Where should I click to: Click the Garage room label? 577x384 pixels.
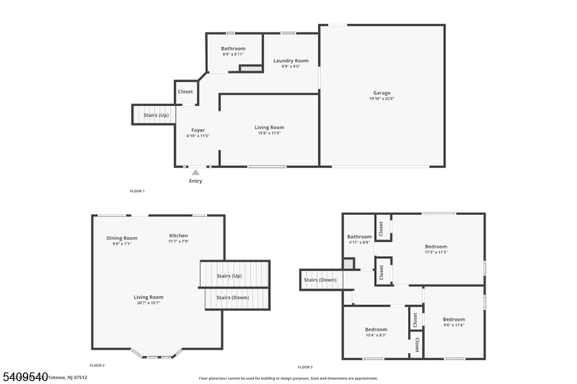[x=382, y=93]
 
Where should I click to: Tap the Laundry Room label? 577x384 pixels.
[x=291, y=61]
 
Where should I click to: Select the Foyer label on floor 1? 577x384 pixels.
[x=198, y=130]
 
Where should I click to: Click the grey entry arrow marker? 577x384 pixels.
[x=195, y=172]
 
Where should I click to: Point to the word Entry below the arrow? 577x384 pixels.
[x=195, y=181]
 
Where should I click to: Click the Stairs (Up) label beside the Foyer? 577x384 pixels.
[x=156, y=115]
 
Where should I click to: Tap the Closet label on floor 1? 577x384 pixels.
[x=185, y=91]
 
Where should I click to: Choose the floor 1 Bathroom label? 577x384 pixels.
[x=233, y=48]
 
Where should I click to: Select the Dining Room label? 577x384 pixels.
[x=122, y=238]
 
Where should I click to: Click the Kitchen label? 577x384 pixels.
[x=178, y=236]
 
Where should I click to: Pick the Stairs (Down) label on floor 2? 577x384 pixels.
[x=233, y=298]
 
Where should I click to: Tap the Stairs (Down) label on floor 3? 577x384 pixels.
[x=320, y=280]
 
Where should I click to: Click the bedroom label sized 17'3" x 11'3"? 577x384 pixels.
[x=436, y=246]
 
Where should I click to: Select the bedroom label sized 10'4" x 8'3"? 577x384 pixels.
[x=376, y=329]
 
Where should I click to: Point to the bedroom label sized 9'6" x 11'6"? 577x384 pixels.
[x=454, y=319]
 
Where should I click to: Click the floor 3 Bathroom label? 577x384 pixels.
[x=359, y=236]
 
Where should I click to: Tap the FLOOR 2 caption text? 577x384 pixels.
[x=97, y=366]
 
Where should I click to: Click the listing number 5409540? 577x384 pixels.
[x=25, y=376]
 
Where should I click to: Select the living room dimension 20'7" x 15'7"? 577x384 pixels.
[x=149, y=303]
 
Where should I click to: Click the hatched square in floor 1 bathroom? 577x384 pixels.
[x=250, y=68]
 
